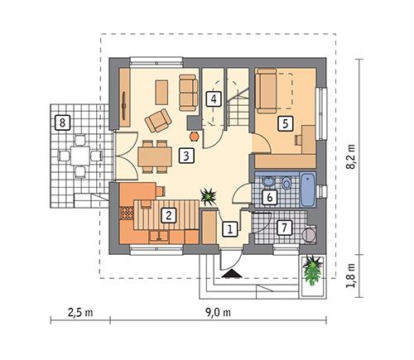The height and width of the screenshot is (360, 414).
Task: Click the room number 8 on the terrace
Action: point(60,123)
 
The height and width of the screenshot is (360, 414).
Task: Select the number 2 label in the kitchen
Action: point(168,215)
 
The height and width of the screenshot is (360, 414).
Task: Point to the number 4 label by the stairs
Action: point(214,99)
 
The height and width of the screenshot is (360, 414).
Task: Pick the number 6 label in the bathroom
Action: point(268,197)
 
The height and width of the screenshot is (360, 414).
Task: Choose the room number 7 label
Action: point(283,227)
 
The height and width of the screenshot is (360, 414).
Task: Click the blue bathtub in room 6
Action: point(306,189)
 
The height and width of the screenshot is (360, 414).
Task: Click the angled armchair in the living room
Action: point(156,121)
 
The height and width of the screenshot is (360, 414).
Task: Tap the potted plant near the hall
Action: point(208,196)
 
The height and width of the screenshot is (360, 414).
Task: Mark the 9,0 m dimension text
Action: point(217,313)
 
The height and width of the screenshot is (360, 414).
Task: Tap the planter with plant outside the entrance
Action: point(313,271)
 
